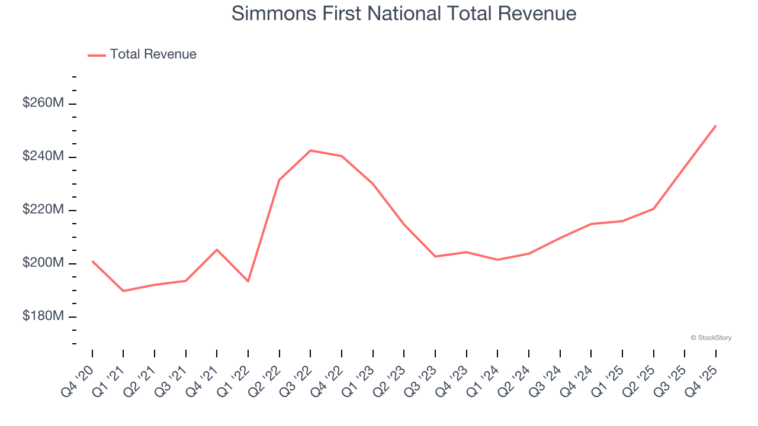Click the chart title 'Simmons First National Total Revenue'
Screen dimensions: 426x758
tap(404, 13)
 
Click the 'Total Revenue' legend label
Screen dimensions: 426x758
tap(153, 54)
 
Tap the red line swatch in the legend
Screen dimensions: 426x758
tap(97, 55)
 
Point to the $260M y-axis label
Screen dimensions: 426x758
tap(43, 103)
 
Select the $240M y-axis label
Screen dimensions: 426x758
tap(43, 156)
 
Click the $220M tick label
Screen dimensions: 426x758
tap(43, 209)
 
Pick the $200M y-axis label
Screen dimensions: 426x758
tap(43, 263)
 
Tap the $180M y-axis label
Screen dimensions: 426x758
tap(43, 316)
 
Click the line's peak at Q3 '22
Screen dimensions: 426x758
tap(310, 150)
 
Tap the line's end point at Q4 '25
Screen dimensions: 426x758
tap(715, 125)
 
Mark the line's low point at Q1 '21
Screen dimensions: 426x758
tap(123, 291)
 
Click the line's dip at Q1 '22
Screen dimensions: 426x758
tap(248, 281)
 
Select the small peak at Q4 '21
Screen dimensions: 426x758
tap(217, 250)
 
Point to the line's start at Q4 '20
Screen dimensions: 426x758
tap(92, 261)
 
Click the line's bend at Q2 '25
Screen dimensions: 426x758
tap(653, 208)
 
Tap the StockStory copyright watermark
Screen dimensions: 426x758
tap(711, 338)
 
